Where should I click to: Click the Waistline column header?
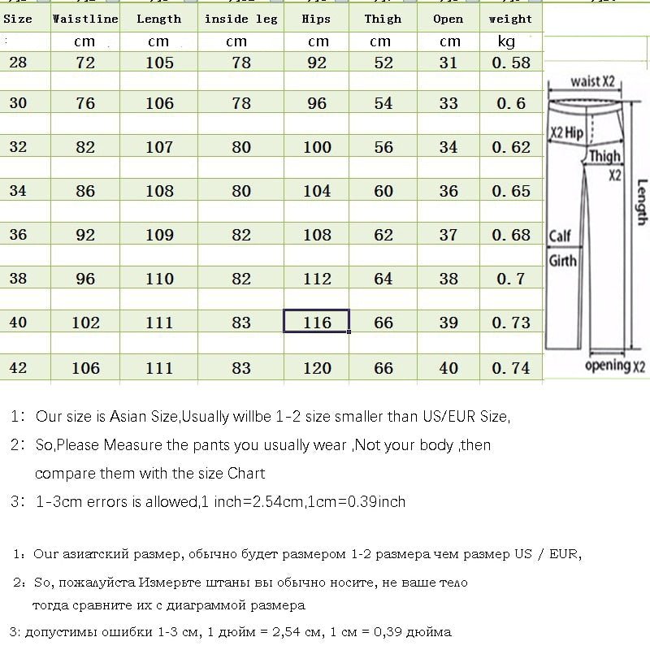pyautogui.click(x=84, y=19)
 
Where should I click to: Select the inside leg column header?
pyautogui.click(x=240, y=19)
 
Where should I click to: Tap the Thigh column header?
pyautogui.click(x=383, y=19)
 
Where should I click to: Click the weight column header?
pyautogui.click(x=510, y=19)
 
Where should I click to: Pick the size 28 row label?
pyautogui.click(x=18, y=62)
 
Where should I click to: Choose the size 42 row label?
pyautogui.click(x=18, y=367)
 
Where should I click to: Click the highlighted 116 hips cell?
pyautogui.click(x=317, y=323)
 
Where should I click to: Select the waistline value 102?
pyautogui.click(x=84, y=323)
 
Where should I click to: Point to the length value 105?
pyautogui.click(x=158, y=63)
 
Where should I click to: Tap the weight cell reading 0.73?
pyautogui.click(x=510, y=323)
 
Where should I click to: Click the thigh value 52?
pyautogui.click(x=383, y=63)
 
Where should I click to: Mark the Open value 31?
pyautogui.click(x=448, y=63)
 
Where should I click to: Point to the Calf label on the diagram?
pyautogui.click(x=561, y=236)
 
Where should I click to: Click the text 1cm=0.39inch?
pyautogui.click(x=357, y=501)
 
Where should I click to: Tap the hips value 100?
pyautogui.click(x=317, y=147)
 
